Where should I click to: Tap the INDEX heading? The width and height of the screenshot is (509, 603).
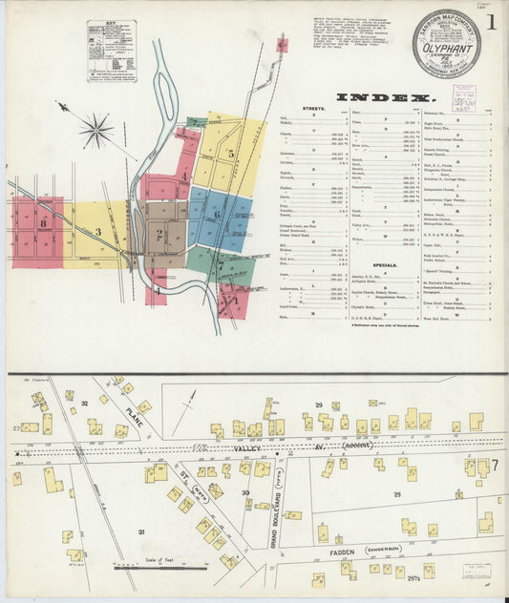point(386,98)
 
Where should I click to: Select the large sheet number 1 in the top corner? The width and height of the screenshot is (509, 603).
point(490,21)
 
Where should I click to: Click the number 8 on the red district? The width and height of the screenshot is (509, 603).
point(44,222)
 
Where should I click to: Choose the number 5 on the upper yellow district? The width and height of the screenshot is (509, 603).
point(230,153)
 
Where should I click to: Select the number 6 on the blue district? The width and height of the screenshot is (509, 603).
point(217,215)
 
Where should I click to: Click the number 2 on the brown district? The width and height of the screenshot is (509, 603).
point(159,234)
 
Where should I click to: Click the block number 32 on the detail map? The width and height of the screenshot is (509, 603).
point(84,404)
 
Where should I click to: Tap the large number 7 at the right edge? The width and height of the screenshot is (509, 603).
point(483,467)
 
